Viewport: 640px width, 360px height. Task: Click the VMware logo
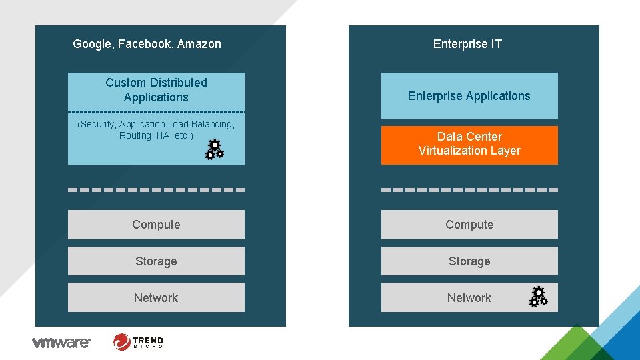point(61,343)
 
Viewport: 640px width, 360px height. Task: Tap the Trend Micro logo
point(138,342)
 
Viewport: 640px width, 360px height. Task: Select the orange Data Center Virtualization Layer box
point(469,145)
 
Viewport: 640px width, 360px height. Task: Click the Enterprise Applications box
point(469,95)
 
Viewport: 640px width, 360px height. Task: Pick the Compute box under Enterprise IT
point(469,225)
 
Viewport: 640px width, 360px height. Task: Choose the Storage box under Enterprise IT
point(469,261)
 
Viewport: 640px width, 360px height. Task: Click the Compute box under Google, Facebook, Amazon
point(156,225)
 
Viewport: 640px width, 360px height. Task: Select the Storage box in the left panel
point(156,261)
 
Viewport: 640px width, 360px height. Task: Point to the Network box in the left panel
point(156,297)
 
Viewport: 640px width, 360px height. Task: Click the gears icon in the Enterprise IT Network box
point(539,297)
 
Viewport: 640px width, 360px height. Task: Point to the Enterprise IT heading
point(467,44)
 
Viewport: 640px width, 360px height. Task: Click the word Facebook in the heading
point(145,44)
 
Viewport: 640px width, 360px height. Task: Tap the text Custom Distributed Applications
point(156,90)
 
